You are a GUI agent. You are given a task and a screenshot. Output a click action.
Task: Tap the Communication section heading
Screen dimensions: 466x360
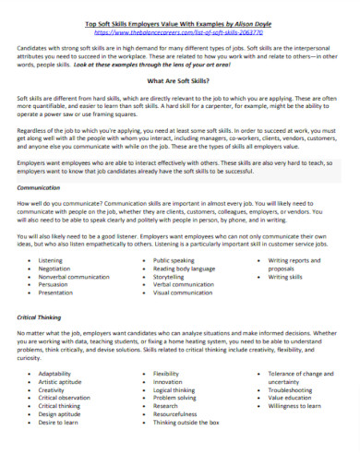(40, 186)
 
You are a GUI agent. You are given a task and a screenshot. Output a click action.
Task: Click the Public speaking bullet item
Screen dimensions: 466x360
(174, 260)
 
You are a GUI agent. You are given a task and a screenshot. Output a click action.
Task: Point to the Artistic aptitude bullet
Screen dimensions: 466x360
(64, 380)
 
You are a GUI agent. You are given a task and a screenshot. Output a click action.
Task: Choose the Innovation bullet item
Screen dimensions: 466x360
(168, 380)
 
